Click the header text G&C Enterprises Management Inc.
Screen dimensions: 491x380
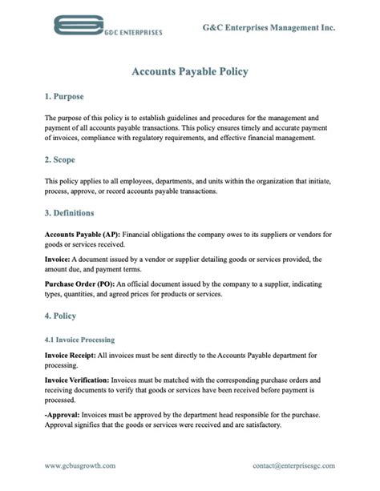269,27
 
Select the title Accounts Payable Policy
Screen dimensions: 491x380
190,71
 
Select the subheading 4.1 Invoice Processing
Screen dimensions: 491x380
79,340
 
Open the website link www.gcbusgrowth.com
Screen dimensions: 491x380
80,465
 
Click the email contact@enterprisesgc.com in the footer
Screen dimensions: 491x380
293,465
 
